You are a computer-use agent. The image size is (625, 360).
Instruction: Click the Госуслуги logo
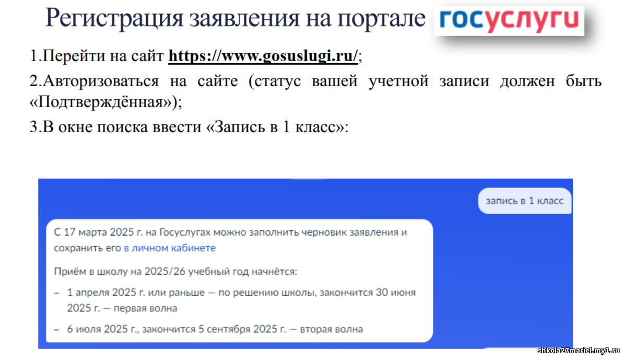tap(509, 21)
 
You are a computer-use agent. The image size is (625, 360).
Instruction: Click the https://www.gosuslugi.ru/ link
tap(263, 56)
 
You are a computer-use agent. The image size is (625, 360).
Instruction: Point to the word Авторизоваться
tap(100, 82)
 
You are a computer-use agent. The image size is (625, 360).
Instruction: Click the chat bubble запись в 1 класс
tap(525, 201)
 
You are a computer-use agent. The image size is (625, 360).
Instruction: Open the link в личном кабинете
tap(169, 248)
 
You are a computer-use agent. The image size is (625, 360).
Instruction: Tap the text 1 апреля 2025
tap(102, 293)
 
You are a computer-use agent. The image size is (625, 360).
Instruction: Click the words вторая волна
tap(332, 329)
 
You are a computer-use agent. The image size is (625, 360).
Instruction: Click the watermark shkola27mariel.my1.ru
tap(579, 351)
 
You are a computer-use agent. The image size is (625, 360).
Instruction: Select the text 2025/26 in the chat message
tap(165, 272)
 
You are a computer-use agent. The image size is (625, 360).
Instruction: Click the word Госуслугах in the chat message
tap(185, 232)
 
